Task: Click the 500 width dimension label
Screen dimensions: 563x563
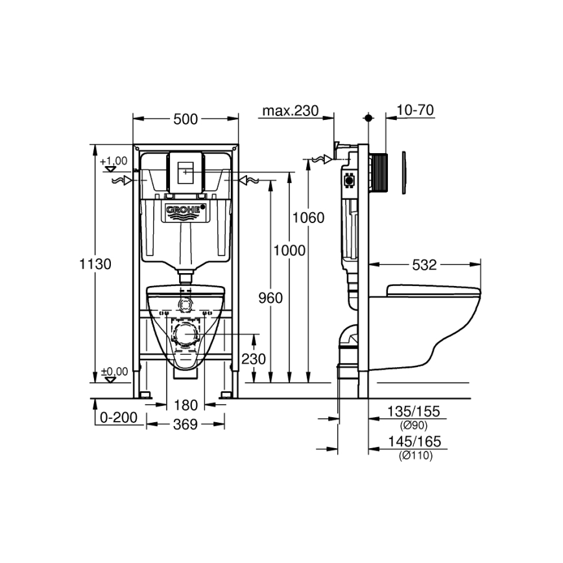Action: click(x=185, y=119)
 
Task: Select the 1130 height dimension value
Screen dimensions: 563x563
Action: click(x=96, y=264)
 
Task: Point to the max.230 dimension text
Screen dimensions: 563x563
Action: click(x=290, y=111)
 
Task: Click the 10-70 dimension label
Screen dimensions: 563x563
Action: click(x=414, y=110)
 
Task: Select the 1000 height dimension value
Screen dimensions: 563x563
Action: click(x=289, y=250)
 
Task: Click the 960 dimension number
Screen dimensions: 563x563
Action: click(x=270, y=298)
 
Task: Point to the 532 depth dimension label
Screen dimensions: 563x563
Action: click(x=425, y=265)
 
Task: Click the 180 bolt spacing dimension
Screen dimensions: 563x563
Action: click(x=186, y=405)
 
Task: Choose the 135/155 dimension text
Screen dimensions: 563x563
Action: click(x=414, y=411)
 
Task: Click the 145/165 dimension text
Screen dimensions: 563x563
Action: click(x=414, y=442)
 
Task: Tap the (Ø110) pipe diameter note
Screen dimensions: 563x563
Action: click(x=415, y=456)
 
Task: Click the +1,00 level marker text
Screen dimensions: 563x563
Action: click(x=114, y=160)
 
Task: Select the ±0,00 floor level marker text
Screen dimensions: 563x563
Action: click(x=114, y=371)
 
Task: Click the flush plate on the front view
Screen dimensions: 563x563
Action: click(x=186, y=171)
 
